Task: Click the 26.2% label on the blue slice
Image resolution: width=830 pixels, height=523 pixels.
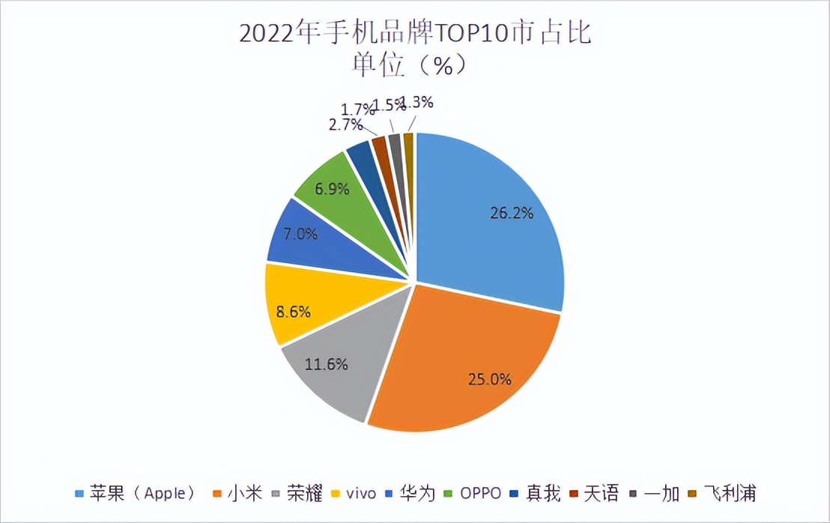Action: (x=512, y=213)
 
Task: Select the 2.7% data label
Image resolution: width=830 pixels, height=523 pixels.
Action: (x=345, y=124)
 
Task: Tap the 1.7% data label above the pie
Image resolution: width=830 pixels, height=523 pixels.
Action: (x=356, y=110)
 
